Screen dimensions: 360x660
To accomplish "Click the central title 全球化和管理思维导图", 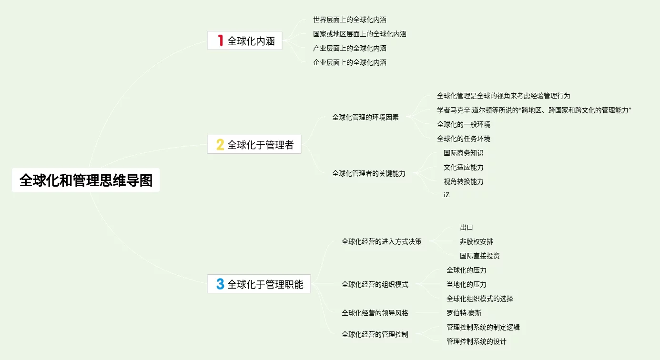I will tap(86, 180).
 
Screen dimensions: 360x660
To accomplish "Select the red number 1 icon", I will tap(220, 40).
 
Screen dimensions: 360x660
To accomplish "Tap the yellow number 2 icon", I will tap(220, 144).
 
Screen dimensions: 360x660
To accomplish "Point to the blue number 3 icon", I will tap(220, 284).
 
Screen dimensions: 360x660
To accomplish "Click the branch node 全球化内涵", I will tap(251, 41).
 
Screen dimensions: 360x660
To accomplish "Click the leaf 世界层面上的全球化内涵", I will tap(350, 20).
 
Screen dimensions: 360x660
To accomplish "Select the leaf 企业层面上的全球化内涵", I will tap(350, 62).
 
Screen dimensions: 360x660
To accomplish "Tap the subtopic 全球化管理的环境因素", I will tap(366, 117).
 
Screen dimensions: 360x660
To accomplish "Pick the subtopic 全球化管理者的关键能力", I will tap(369, 174).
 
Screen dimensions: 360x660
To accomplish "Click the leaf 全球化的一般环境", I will tap(464, 124).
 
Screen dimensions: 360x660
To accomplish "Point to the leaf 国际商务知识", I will tap(464, 153).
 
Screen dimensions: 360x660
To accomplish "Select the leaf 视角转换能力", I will tap(464, 181).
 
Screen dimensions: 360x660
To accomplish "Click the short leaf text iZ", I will tap(447, 195).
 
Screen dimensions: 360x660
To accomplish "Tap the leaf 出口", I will tap(467, 228).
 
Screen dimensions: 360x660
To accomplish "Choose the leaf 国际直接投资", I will tap(480, 256).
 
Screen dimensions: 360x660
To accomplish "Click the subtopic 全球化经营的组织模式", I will tap(375, 285).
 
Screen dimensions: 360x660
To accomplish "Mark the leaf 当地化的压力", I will tap(467, 284).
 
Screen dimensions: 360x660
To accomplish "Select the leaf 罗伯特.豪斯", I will tap(464, 313).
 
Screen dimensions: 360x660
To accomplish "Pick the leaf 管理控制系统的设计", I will tap(477, 341).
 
